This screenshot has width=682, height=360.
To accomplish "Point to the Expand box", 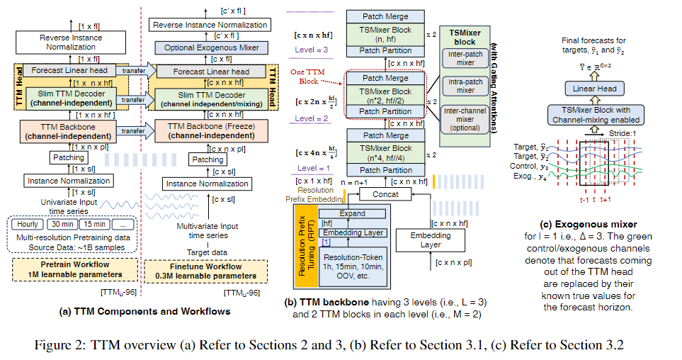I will point(352,213).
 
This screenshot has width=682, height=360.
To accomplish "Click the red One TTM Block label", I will point(309,77).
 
